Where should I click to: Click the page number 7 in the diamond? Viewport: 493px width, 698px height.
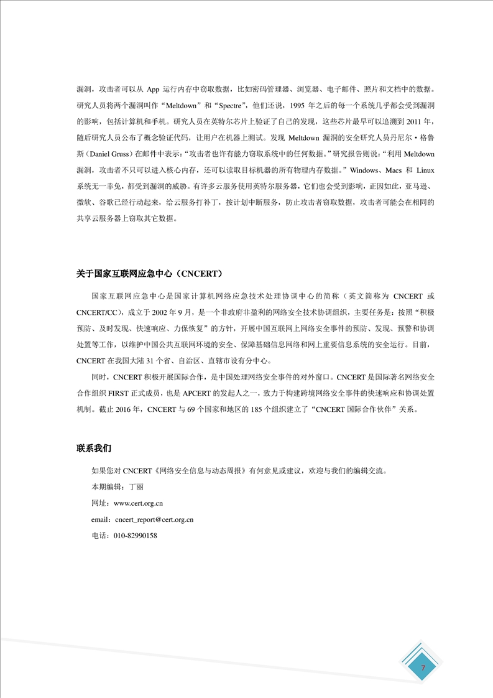pyautogui.click(x=423, y=668)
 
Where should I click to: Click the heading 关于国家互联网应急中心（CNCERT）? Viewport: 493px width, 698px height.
pyautogui.click(x=149, y=274)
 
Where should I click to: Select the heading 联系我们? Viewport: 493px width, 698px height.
pyautogui.click(x=94, y=448)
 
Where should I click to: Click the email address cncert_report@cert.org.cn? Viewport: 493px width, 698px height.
pyautogui.click(x=155, y=519)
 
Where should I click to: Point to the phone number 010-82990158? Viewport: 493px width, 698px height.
pyautogui.click(x=135, y=535)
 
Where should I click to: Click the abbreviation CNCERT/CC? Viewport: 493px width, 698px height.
pyautogui.click(x=99, y=312)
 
